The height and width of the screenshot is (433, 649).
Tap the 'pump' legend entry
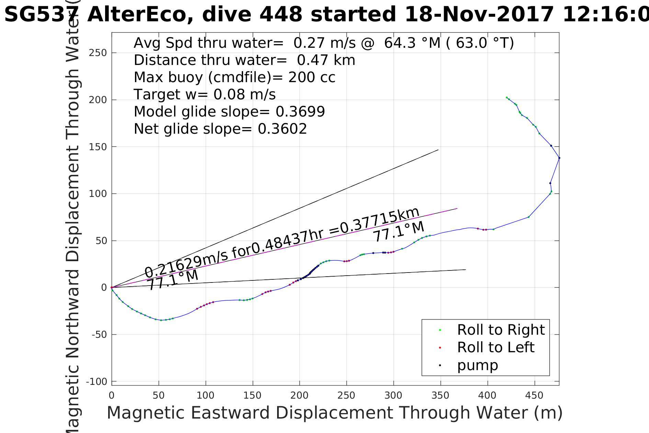tap(477, 365)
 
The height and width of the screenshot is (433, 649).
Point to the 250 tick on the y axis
tap(98, 53)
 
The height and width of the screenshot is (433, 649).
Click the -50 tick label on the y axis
tap(99, 335)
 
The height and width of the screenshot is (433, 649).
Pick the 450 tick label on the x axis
tap(534, 396)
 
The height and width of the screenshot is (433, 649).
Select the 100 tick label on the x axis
tap(205, 396)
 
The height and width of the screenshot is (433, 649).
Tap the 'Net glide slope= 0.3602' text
tap(220, 129)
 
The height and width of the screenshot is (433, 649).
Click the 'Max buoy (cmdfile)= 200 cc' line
tap(235, 77)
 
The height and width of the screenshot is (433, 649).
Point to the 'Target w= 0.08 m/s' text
tap(205, 95)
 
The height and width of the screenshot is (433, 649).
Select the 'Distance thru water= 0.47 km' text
tap(244, 60)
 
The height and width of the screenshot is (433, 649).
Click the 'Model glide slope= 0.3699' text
tap(229, 112)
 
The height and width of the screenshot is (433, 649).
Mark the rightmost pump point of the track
tap(559, 158)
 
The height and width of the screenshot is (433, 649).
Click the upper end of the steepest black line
tap(438, 150)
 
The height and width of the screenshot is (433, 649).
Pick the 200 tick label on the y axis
tap(98, 100)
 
